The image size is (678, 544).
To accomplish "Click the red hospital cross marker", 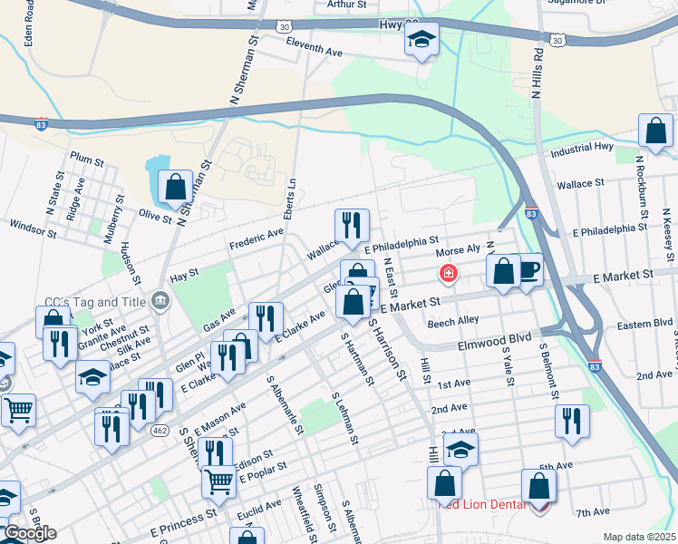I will click(x=447, y=273).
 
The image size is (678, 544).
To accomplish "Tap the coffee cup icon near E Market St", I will click(x=528, y=270).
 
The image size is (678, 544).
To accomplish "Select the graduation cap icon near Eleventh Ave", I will click(x=421, y=40).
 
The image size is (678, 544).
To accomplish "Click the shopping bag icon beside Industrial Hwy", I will click(x=655, y=131).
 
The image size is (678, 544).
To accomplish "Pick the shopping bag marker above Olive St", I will click(x=175, y=188).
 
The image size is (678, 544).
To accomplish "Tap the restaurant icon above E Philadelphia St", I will click(x=352, y=226).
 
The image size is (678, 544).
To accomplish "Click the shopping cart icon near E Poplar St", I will click(x=218, y=482).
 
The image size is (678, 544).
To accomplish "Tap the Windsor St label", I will click(x=33, y=228).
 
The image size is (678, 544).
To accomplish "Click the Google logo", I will click(x=29, y=533).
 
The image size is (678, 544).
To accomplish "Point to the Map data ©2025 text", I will click(x=638, y=537).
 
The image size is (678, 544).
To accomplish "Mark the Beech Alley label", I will click(x=453, y=321).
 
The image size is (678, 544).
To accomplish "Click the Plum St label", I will click(x=86, y=159).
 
